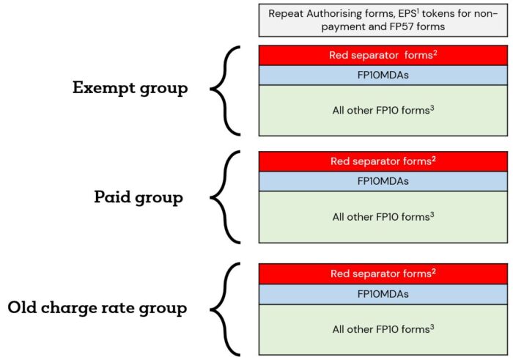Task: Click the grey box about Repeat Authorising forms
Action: [383, 20]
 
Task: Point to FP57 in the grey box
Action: [403, 26]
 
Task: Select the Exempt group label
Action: [130, 88]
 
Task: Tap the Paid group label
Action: [139, 197]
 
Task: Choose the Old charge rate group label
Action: [97, 308]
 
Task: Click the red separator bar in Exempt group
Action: [383, 55]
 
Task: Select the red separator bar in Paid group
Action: [383, 161]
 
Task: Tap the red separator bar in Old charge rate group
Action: [383, 273]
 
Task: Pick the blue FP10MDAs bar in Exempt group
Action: [383, 76]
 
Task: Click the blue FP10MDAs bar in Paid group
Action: [383, 181]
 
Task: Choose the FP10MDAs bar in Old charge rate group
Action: [383, 294]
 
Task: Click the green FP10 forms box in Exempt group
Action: [383, 111]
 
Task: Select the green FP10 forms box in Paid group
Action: [383, 217]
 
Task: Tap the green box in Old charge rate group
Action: [383, 329]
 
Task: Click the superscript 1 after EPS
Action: [418, 11]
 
